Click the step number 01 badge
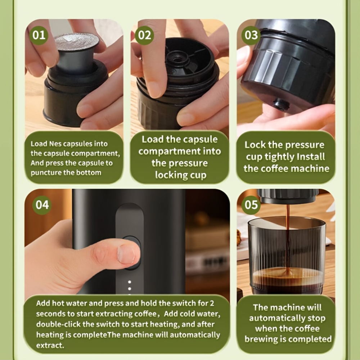click(39, 35)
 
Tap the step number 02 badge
click(144, 35)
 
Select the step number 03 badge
click(251, 35)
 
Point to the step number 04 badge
click(42, 205)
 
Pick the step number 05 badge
click(251, 204)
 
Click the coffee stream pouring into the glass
click(287, 239)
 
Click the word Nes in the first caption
click(55, 144)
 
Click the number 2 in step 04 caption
click(212, 303)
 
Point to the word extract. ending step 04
click(50, 346)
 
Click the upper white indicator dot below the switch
click(130, 282)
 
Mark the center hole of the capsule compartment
click(176, 59)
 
